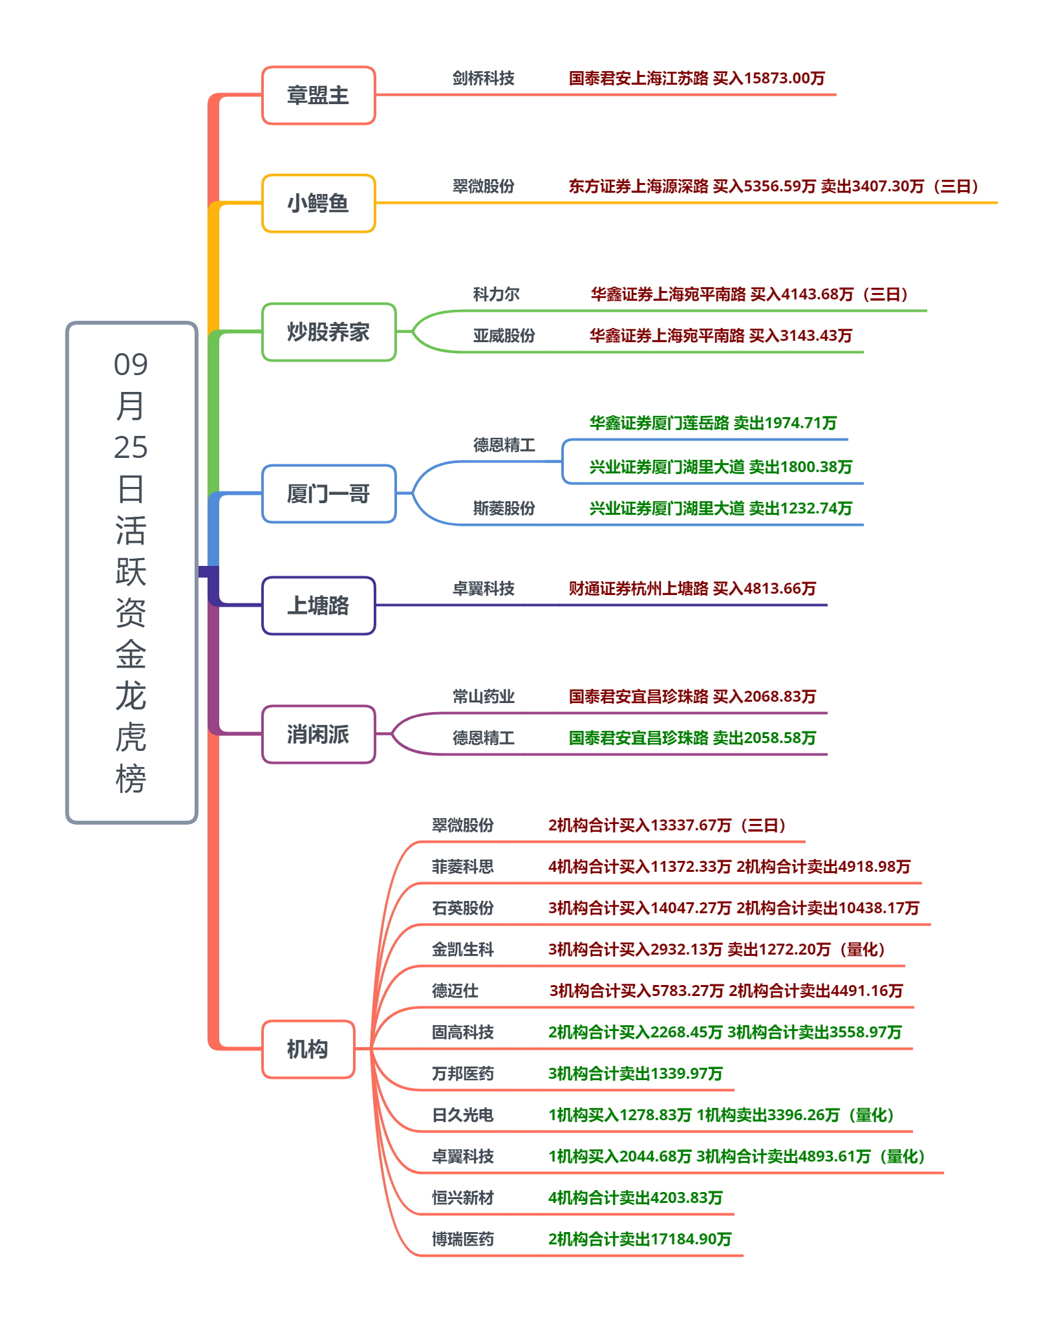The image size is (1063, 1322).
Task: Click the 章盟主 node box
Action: (x=318, y=95)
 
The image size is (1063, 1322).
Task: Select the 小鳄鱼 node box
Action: (x=318, y=203)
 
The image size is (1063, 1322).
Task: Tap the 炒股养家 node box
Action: (x=328, y=332)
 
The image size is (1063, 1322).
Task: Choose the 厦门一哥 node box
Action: (x=328, y=493)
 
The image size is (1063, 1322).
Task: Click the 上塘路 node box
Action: (x=318, y=605)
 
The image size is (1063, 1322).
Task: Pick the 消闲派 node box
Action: (x=318, y=734)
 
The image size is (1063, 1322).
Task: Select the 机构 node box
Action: (x=308, y=1049)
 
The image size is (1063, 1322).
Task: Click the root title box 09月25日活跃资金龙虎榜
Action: (x=131, y=572)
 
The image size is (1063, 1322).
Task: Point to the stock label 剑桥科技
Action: (x=483, y=78)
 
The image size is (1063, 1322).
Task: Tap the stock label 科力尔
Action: (x=496, y=294)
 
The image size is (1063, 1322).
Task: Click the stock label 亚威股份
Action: (x=504, y=336)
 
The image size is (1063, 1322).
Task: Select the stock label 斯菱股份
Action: (x=504, y=508)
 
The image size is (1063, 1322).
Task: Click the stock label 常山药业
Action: (x=483, y=697)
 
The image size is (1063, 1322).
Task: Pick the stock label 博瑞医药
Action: (x=462, y=1239)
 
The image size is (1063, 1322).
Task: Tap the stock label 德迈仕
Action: (x=455, y=991)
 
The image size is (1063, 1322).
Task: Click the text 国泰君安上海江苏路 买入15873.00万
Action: (x=696, y=78)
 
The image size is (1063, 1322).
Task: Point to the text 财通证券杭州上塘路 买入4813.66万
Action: (x=692, y=589)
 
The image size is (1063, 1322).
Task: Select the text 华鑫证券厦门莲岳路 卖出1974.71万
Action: (x=713, y=423)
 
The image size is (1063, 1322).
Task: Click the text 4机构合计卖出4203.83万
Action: (x=635, y=1198)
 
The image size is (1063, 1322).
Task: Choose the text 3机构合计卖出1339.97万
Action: (x=635, y=1074)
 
